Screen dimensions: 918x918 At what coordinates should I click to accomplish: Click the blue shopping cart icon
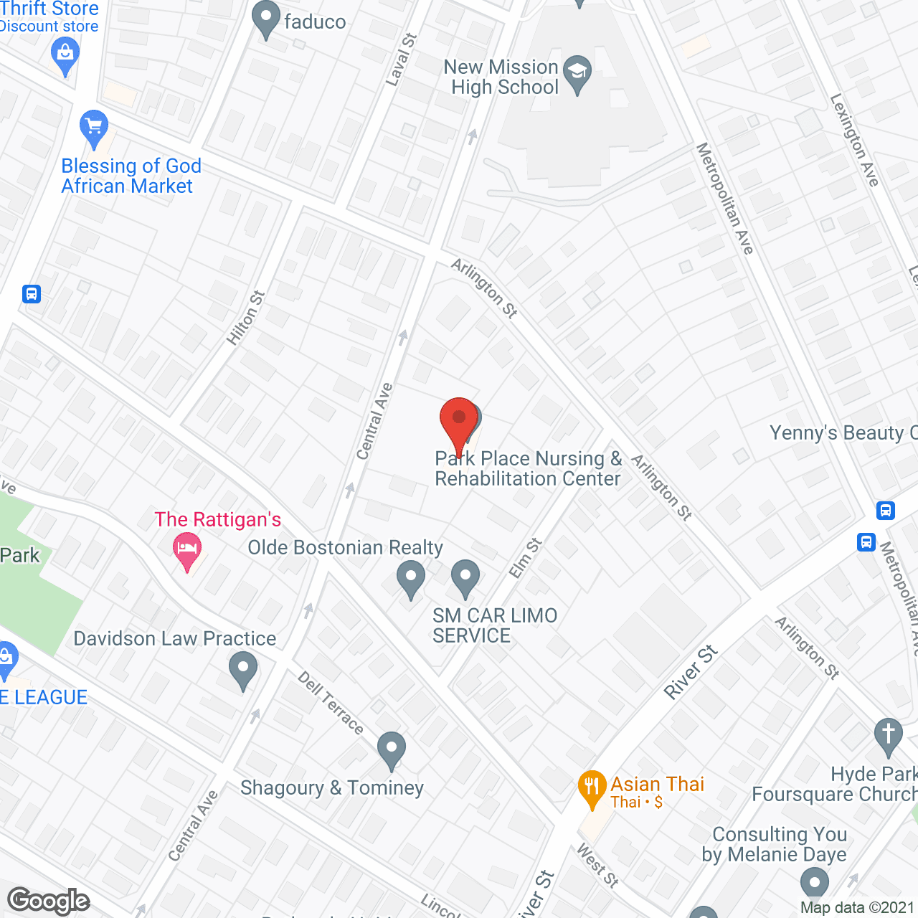93,128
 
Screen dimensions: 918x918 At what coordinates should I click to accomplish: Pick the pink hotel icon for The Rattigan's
187,551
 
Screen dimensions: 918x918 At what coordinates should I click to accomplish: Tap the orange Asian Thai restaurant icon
591,788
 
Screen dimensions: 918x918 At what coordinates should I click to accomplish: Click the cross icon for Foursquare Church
888,735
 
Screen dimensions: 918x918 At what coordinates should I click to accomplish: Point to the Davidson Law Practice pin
243,671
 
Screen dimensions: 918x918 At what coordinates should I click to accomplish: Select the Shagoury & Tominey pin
391,749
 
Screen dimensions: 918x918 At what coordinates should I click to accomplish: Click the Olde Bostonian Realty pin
411,577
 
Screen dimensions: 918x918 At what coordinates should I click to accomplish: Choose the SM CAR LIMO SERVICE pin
465,577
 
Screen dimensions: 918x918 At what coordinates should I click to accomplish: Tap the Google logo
49,901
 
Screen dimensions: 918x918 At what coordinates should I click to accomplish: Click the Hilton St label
246,318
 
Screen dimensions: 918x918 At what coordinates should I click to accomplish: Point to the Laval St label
400,60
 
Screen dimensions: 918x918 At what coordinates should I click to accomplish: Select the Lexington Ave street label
853,140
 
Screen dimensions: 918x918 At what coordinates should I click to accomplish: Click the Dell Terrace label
331,702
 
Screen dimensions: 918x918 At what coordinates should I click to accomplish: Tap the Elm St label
525,558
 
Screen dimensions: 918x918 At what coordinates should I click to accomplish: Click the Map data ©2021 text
856,908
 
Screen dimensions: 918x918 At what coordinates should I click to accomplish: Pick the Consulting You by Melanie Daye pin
813,883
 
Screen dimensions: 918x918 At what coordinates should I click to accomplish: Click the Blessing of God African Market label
131,176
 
